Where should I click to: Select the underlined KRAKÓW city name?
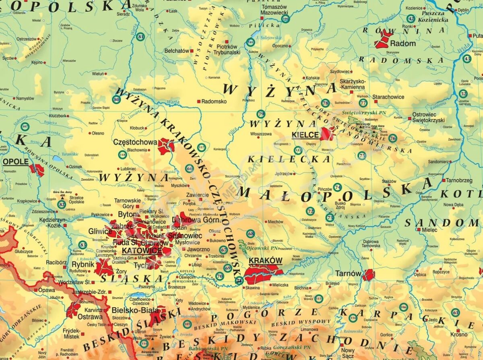[265, 261]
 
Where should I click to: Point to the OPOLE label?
[16, 162]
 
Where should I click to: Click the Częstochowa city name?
[135, 142]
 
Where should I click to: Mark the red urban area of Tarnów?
[368, 275]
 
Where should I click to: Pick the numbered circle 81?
[140, 37]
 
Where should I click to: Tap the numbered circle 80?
[117, 99]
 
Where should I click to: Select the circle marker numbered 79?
[261, 114]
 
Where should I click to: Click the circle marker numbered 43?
[467, 59]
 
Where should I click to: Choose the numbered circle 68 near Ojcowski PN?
[251, 234]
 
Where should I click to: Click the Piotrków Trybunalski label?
[227, 49]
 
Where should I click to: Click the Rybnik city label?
[83, 265]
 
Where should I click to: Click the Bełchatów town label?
[177, 51]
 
